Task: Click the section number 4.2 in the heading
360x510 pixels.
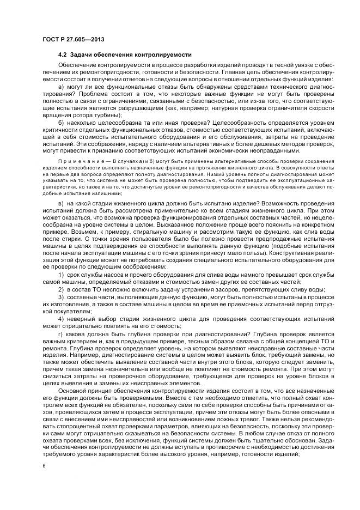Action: click(62, 55)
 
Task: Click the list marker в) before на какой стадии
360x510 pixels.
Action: click(61, 203)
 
